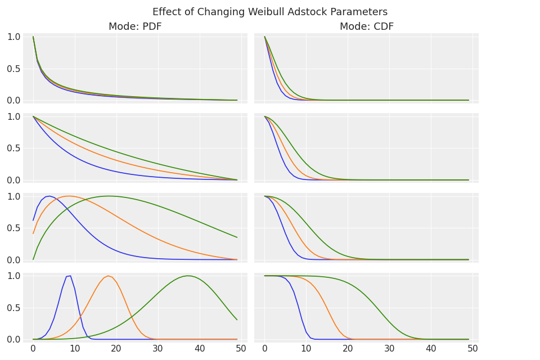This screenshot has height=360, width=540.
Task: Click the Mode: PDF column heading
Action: point(135,26)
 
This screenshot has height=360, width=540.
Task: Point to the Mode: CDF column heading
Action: point(366,26)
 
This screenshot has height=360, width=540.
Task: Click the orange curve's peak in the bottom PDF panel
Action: point(107,276)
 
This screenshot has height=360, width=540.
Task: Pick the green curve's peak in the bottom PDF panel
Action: point(187,276)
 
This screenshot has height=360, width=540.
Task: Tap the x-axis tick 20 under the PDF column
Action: point(116,349)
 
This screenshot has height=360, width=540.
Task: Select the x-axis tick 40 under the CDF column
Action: point(431,349)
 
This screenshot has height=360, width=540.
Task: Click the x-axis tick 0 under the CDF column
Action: point(265,349)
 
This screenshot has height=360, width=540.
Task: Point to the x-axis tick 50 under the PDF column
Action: point(241,349)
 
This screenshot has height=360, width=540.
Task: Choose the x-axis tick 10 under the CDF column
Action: point(306,349)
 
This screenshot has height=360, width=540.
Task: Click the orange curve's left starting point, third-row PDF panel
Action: point(33,233)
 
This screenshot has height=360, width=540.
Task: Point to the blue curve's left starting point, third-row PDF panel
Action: point(33,220)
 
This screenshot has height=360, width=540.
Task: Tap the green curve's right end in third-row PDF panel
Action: point(237,237)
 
